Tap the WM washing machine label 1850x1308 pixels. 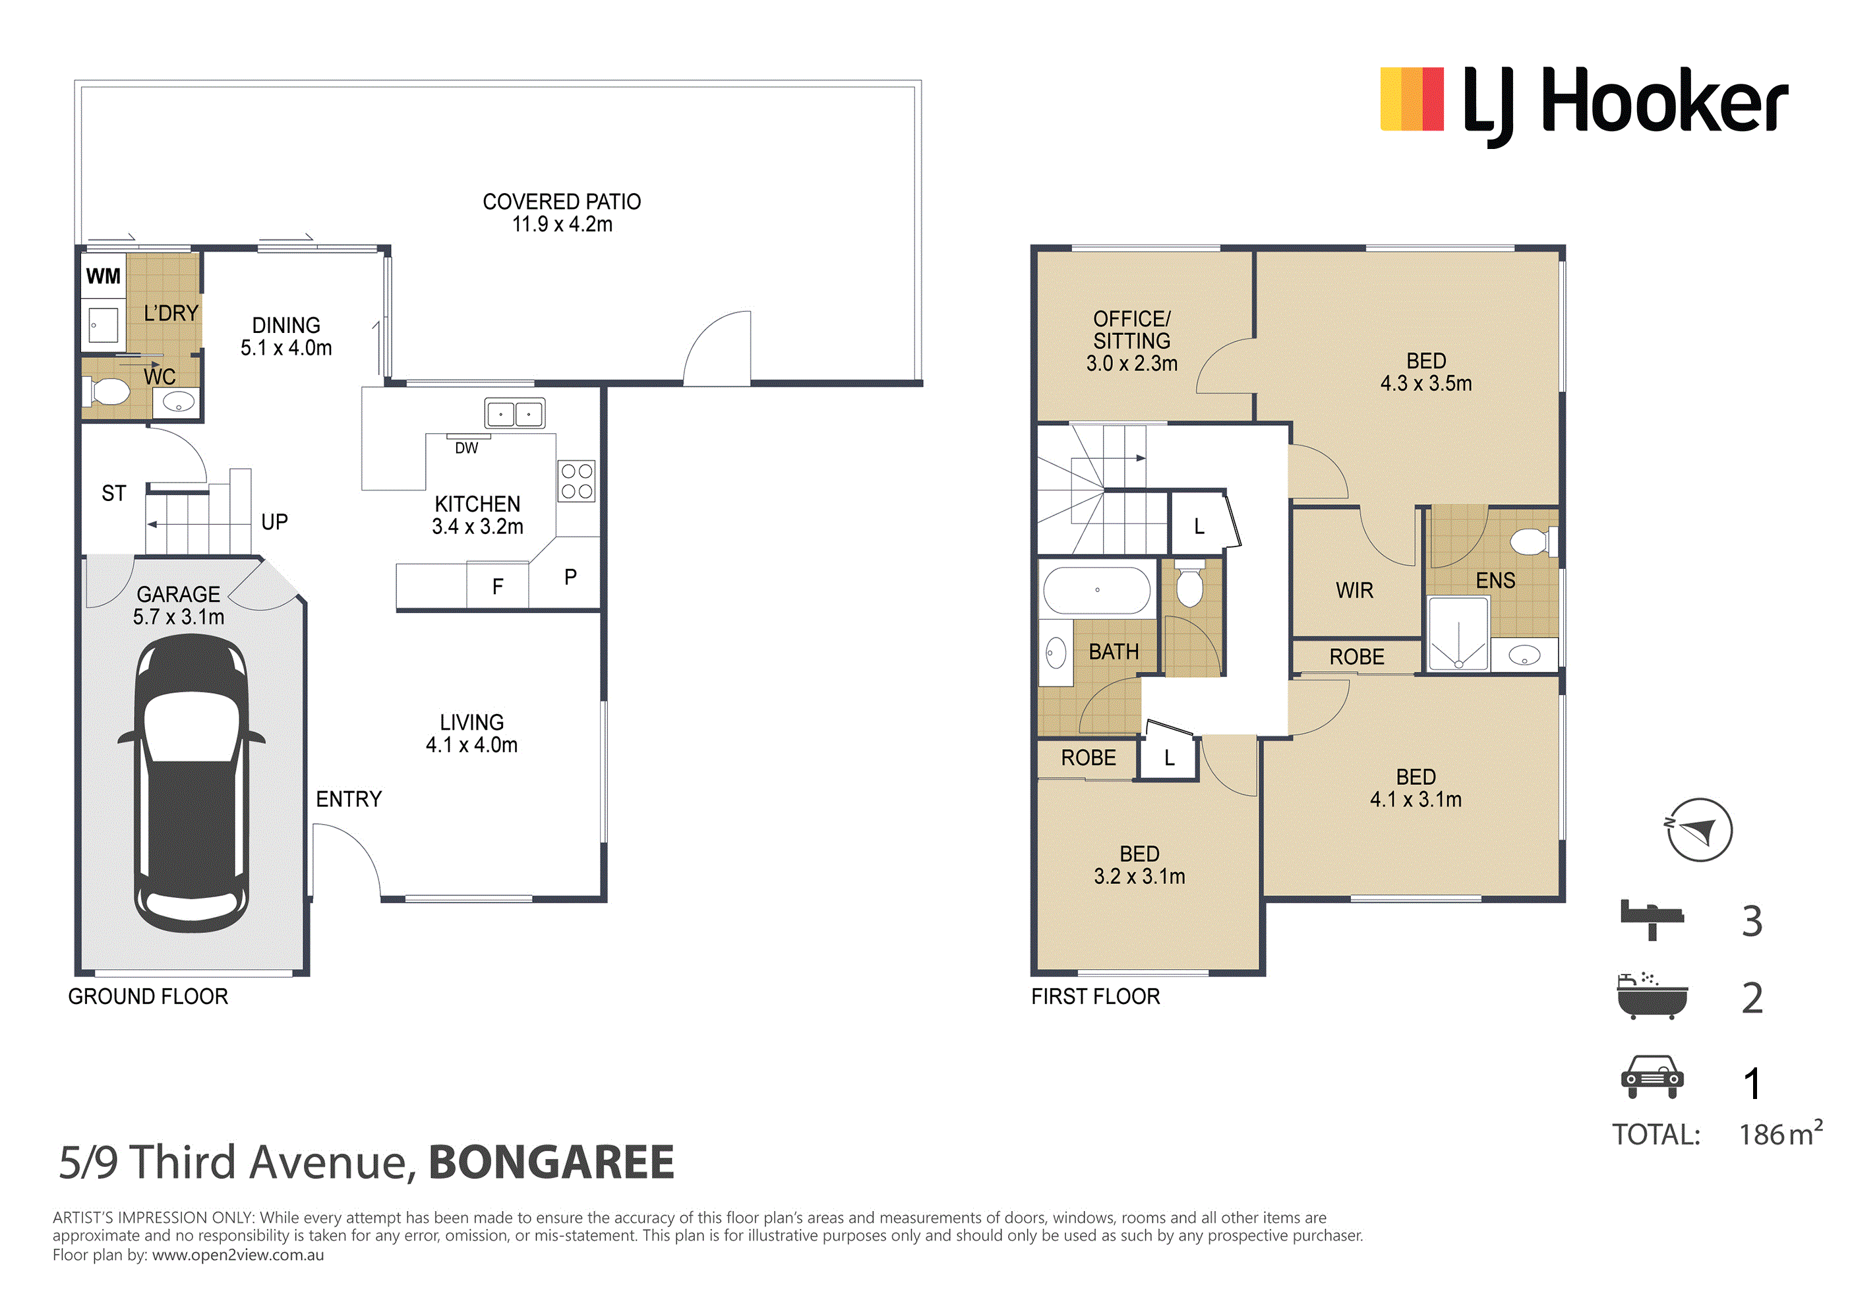[103, 276]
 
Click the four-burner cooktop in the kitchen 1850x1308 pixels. [577, 481]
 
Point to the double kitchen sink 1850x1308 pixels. [515, 413]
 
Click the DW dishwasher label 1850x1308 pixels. [467, 448]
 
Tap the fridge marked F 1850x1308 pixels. [498, 586]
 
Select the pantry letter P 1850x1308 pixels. [570, 577]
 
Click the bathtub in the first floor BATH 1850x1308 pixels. [1098, 590]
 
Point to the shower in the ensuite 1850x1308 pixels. [1458, 634]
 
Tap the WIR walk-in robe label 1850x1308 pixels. [1354, 591]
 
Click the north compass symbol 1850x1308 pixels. [1699, 830]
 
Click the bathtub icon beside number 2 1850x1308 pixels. [1652, 996]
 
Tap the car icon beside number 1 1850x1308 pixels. [1652, 1077]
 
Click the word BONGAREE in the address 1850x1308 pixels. [551, 1162]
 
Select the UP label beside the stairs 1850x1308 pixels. [275, 522]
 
